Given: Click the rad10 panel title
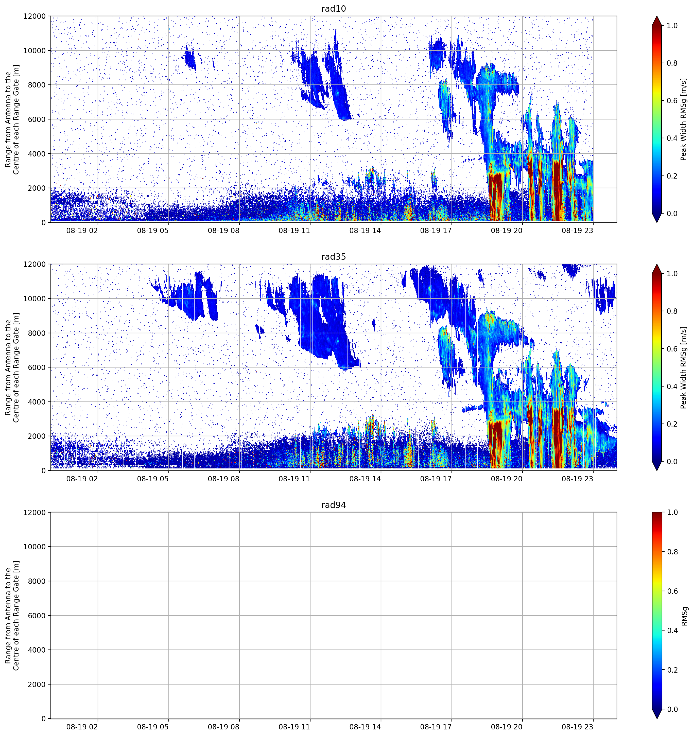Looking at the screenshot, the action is pos(334,9).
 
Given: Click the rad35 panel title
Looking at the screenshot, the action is pos(334,257).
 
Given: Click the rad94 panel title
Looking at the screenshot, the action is pos(334,505).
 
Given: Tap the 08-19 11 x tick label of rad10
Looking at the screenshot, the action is pos(294,231).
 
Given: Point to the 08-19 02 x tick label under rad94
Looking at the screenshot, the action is pos(82,727).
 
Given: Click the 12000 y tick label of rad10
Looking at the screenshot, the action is pos(35,16).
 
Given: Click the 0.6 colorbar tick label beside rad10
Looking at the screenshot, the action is pos(672,101).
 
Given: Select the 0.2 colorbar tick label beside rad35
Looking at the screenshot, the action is pos(672,424).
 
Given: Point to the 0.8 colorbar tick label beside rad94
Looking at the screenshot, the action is pos(672,552).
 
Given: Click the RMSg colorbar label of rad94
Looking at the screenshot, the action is pos(685,616).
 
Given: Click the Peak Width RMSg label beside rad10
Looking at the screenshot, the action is pos(684,119).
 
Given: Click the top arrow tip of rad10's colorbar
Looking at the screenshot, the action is pos(657,16).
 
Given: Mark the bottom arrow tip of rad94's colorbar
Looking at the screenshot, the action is pos(657,718).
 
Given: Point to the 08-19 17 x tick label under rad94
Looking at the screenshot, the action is pos(436,727).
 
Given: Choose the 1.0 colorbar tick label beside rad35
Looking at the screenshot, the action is pos(672,274).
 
